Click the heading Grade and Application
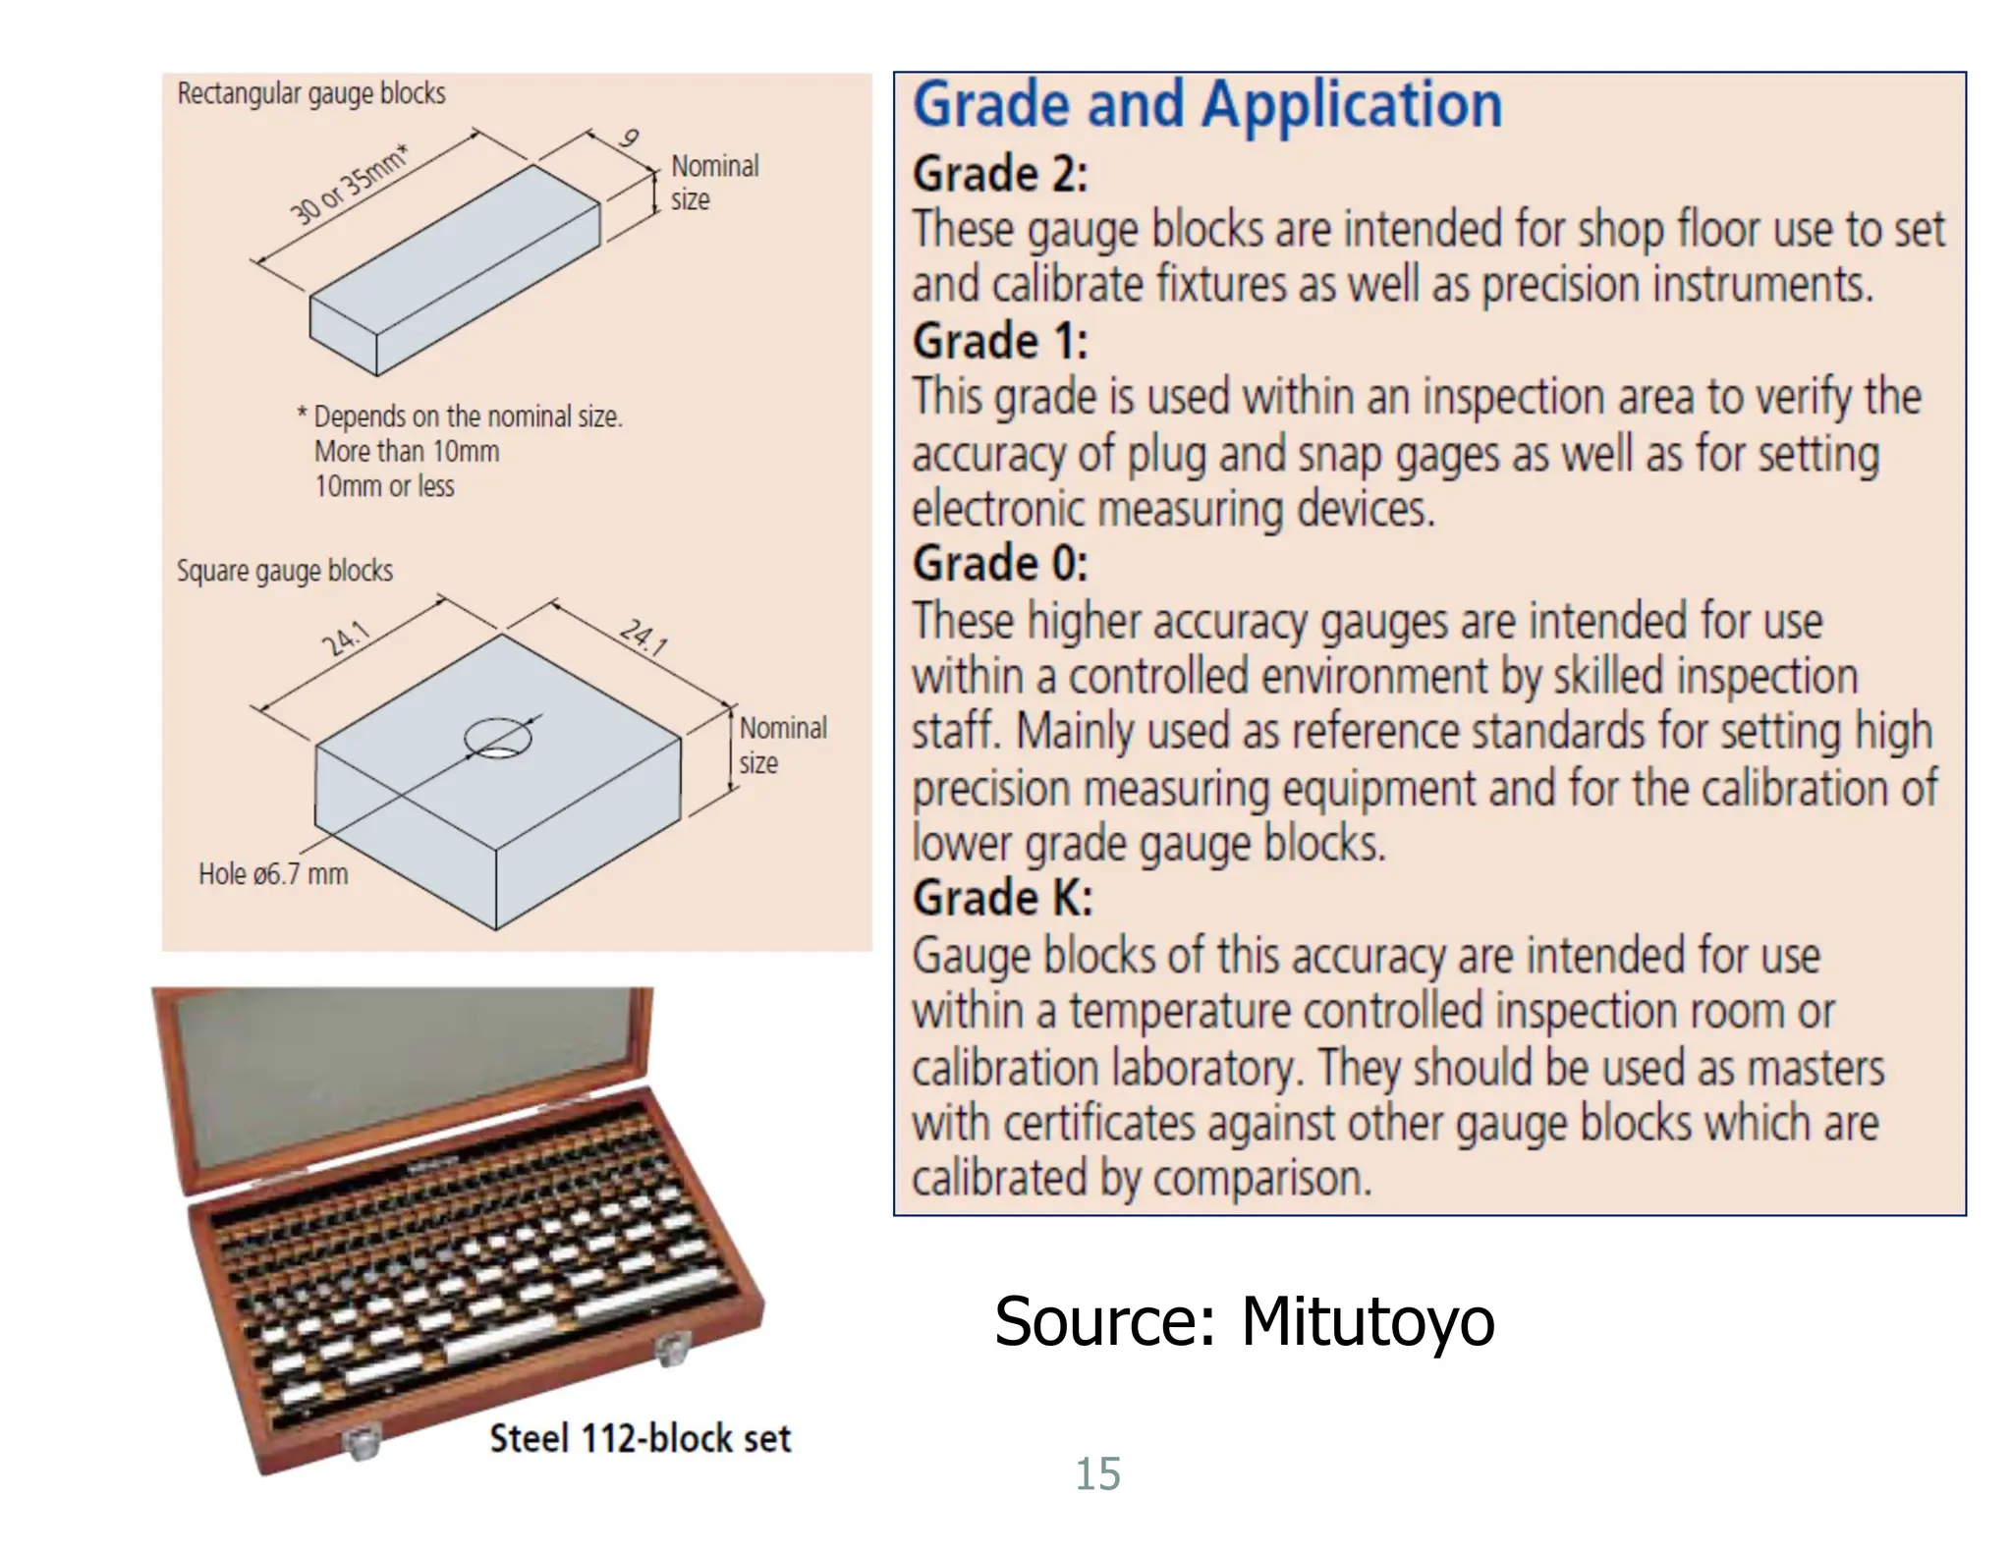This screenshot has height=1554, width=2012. pos(1206,105)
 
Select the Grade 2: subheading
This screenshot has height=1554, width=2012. pos(999,175)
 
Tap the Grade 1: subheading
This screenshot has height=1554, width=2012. pos(999,342)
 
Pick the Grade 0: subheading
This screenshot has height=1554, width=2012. pos(999,564)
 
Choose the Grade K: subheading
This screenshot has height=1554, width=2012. pos(1001,898)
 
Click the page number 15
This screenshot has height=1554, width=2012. pos(1096,1473)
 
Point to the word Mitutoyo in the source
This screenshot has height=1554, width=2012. pos(1367,1321)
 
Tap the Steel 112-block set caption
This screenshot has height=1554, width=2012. pos(640,1438)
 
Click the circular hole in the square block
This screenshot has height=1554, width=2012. pos(498,739)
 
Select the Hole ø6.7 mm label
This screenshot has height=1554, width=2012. pos(272,874)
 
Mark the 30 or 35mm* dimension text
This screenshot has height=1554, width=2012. pos(348,185)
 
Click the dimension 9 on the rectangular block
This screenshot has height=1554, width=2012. pos(629,139)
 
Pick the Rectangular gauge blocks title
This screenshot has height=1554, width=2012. pos(310,93)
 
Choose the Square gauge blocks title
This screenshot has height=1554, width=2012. pos(284,571)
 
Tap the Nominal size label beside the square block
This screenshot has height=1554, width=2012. pos(781,745)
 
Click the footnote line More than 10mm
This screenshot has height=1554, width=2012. pos(406,452)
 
